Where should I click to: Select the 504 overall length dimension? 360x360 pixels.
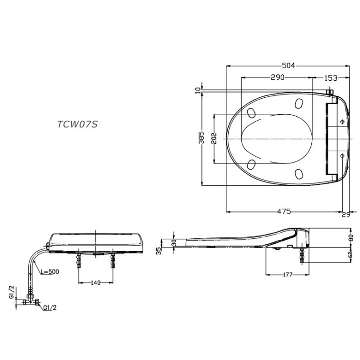point(289,66)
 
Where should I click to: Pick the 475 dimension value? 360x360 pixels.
point(285,211)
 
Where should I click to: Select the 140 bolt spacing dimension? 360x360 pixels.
point(95,282)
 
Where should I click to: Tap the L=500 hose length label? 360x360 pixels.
point(50,271)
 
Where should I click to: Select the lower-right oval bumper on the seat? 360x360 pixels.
point(299,173)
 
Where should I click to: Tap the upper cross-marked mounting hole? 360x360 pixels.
point(342,121)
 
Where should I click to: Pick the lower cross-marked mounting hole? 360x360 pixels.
point(342,156)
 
